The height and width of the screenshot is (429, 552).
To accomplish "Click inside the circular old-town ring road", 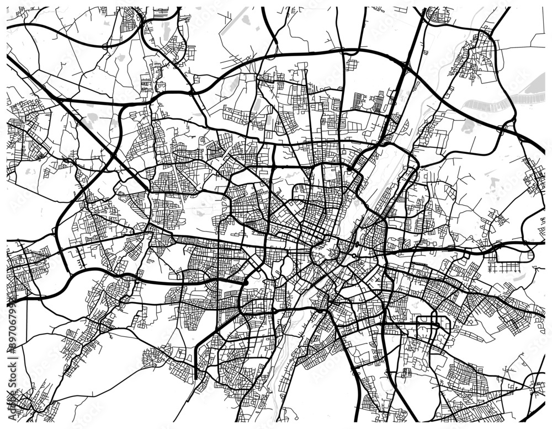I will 325,251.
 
